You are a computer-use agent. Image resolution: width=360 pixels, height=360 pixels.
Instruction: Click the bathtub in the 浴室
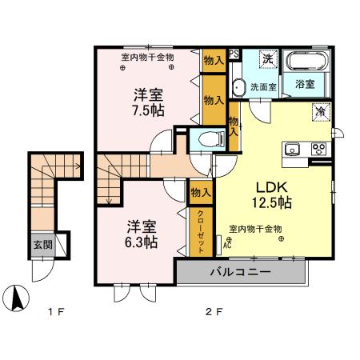coord(306,61)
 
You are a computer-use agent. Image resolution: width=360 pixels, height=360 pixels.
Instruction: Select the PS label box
coord(234,54)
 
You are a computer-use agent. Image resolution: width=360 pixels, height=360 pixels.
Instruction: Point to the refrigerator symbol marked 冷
coord(322,112)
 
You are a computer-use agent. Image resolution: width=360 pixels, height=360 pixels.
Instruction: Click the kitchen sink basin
coord(292,149)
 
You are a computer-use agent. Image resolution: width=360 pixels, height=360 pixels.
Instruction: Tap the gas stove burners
coord(319,149)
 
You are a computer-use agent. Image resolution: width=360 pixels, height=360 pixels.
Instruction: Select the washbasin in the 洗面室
coord(238,87)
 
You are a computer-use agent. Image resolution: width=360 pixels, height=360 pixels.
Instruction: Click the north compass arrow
coord(18,298)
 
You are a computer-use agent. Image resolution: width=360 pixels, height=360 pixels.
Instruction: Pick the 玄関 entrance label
coord(42,245)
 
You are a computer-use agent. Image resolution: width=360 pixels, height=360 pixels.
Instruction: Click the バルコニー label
coord(241,272)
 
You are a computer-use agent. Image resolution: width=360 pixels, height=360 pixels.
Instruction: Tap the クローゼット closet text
coord(201,232)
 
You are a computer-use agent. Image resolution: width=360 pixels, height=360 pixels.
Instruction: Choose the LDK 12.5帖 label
coord(272,195)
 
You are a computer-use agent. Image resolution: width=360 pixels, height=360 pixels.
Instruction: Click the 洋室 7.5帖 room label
coord(148,102)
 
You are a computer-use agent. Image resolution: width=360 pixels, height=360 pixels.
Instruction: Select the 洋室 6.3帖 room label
coord(142,234)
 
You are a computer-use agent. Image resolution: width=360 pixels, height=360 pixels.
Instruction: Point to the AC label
coord(227,246)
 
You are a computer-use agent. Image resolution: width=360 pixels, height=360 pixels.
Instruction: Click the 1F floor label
coord(55,311)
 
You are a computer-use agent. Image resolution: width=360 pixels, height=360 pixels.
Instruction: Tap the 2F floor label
coord(214,311)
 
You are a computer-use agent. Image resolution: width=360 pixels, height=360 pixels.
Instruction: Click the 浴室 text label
coord(305,84)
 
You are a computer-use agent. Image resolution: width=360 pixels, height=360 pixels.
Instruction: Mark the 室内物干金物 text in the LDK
coord(255,229)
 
